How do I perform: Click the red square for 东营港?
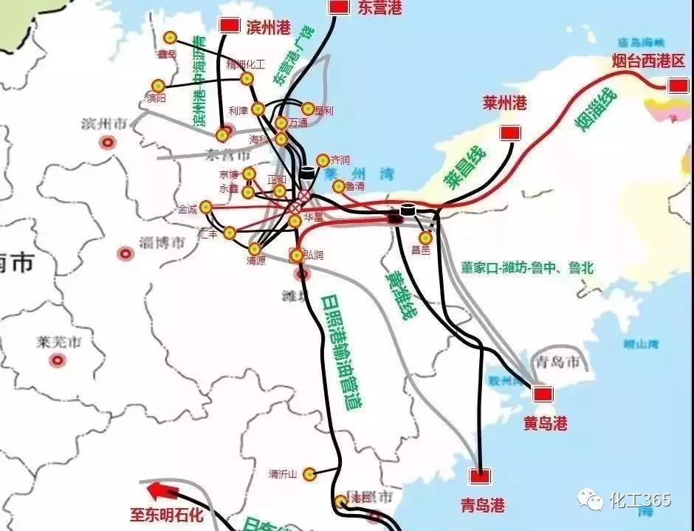(339, 7)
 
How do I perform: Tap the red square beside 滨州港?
(230, 25)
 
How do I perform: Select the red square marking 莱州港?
(508, 133)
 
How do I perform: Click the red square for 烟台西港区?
(678, 86)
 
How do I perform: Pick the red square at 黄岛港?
(544, 394)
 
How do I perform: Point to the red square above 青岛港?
(482, 476)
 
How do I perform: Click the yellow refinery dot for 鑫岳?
(171, 38)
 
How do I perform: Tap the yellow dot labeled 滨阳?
(157, 86)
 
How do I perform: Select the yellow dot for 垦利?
(308, 109)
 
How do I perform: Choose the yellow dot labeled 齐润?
(323, 160)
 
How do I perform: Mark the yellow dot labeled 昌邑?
(425, 238)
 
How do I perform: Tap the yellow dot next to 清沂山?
(310, 473)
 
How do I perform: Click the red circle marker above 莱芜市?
(57, 360)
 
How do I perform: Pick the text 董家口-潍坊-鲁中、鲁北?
(527, 268)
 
